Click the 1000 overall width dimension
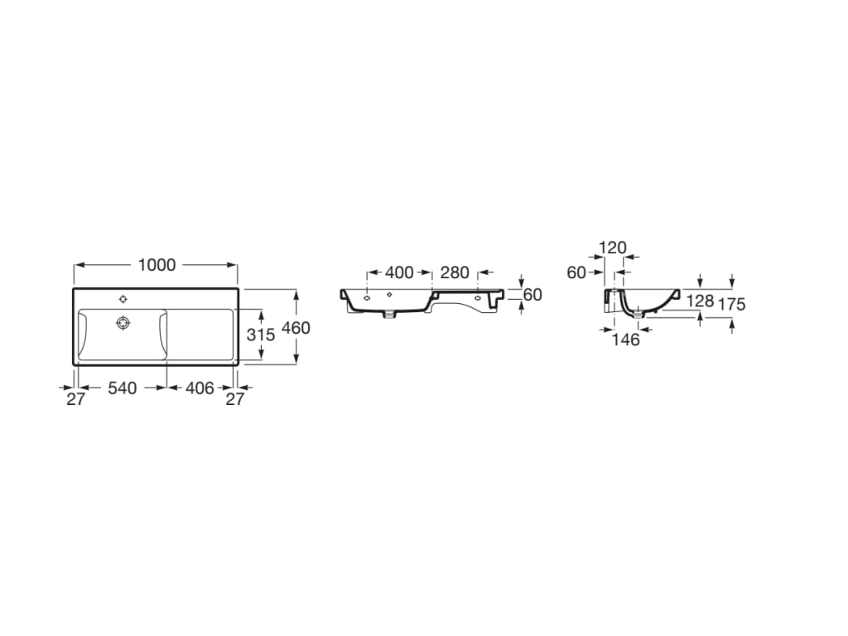click(157, 265)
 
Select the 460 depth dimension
click(296, 328)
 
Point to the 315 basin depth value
click(261, 335)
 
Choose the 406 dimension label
click(199, 388)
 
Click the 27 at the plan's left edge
click(76, 398)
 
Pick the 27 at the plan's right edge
click(235, 398)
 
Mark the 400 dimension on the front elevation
click(399, 272)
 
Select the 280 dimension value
click(455, 272)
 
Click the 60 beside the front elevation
click(532, 294)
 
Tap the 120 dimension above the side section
click(612, 248)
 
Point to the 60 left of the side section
click(576, 272)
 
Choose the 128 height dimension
click(700, 301)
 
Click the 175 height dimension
click(732, 304)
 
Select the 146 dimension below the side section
click(626, 340)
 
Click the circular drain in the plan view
click(123, 322)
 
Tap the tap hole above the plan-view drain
click(123, 298)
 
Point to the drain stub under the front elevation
click(389, 316)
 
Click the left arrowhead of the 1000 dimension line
click(77, 265)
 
